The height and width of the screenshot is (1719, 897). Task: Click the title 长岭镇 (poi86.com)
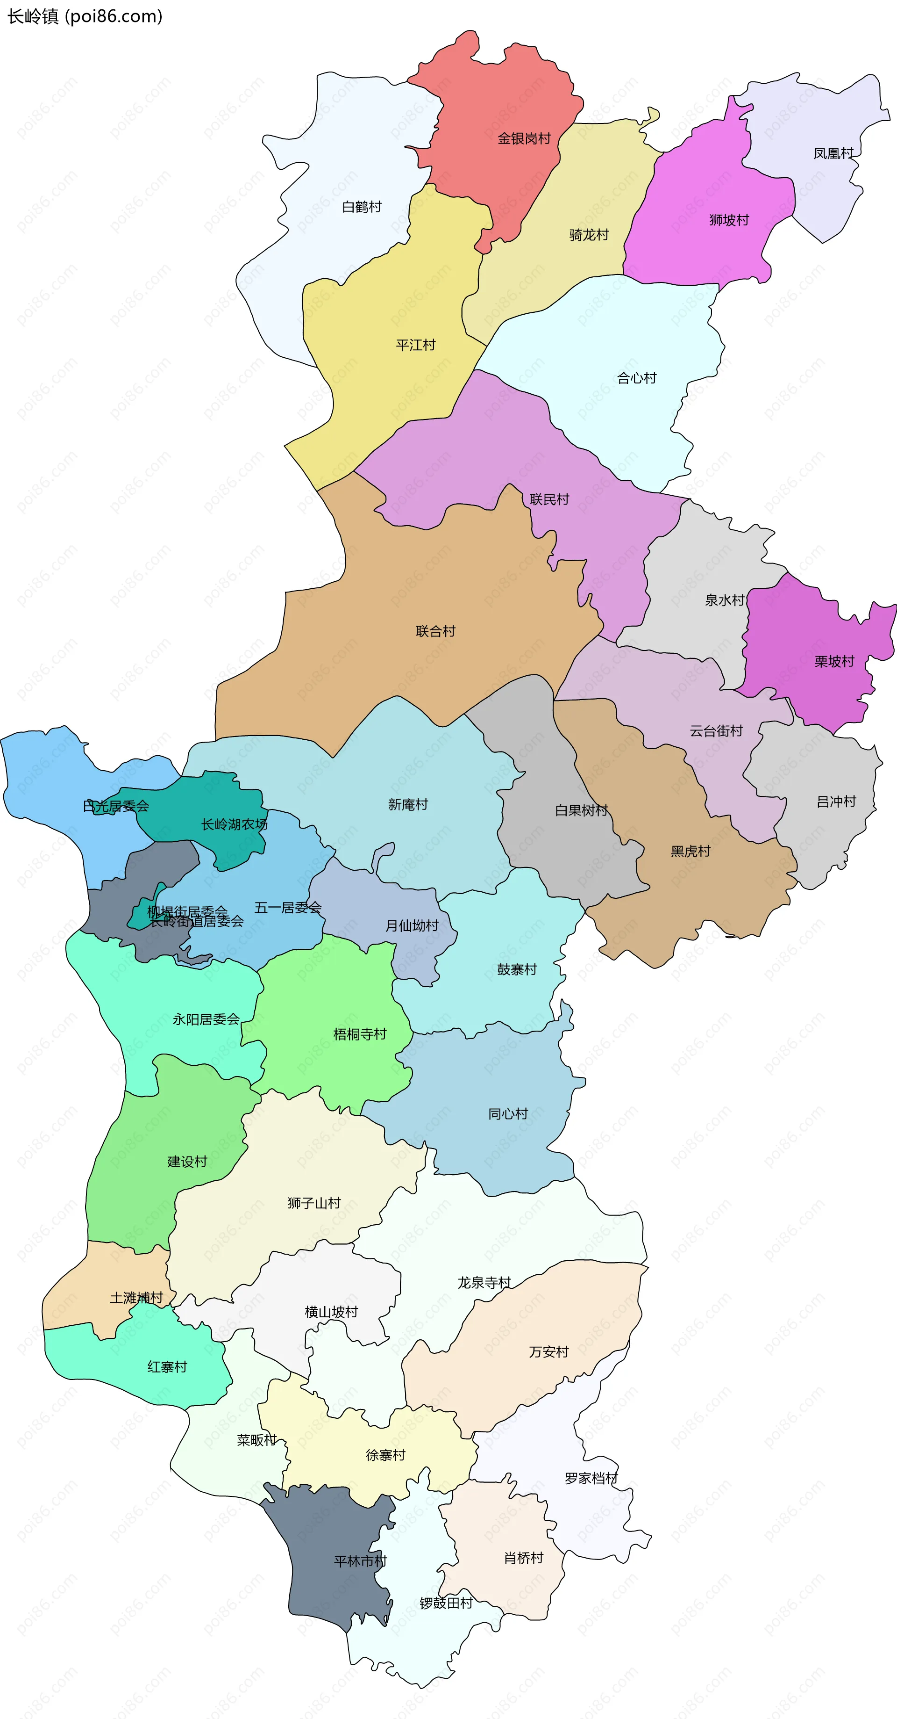pos(85,16)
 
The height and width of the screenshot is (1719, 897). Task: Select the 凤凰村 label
pos(833,153)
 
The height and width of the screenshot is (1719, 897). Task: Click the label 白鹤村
pos(362,207)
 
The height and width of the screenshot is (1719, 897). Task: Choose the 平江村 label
pos(415,345)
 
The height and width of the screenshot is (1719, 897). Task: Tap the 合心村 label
pos(637,378)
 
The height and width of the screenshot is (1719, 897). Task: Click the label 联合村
pos(435,631)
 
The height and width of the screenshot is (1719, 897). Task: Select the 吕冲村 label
pos(836,802)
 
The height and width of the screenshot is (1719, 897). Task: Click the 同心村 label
pos(508,1114)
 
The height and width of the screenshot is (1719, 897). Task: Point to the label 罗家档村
pos(591,1478)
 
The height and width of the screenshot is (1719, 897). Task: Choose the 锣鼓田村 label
pos(446,1603)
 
